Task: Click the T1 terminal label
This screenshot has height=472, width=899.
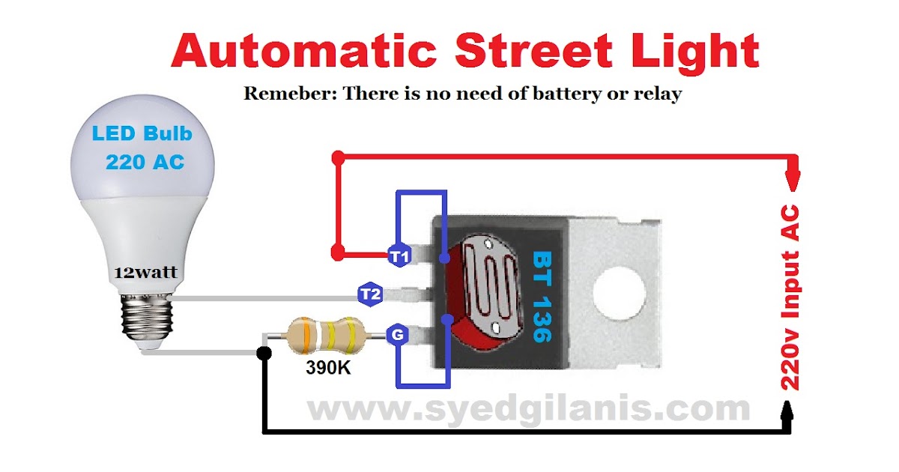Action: [x=398, y=257]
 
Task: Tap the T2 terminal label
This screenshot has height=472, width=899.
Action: [x=369, y=295]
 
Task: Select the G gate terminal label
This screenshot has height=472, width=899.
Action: [x=397, y=336]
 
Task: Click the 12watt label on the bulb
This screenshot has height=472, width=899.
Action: [x=146, y=272]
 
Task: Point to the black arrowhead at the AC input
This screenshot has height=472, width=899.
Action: [x=788, y=411]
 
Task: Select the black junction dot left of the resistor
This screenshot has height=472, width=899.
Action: [x=264, y=353]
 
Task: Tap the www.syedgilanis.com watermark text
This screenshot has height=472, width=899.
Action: [x=528, y=409]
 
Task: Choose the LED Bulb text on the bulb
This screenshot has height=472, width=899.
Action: [x=142, y=135]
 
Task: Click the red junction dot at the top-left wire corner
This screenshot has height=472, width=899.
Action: [x=338, y=158]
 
